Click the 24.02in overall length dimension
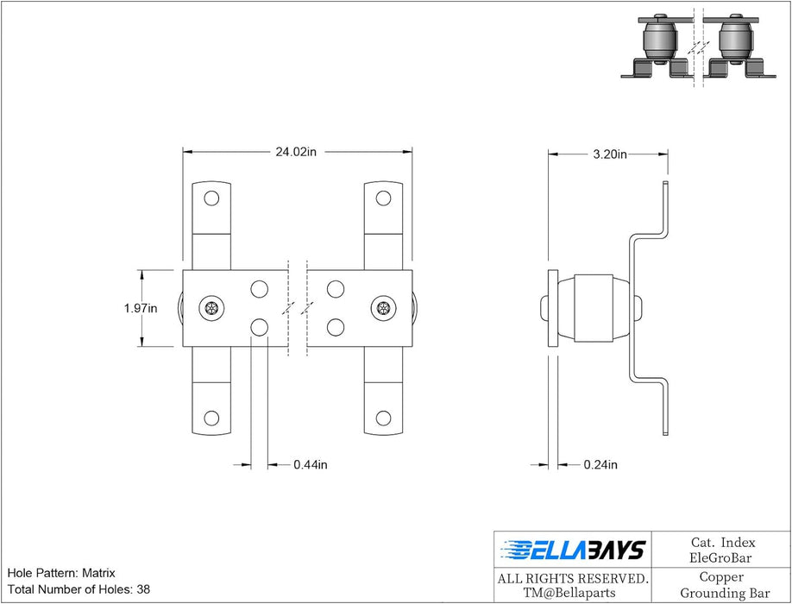point(296,152)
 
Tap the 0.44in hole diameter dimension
point(310,465)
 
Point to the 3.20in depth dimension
point(610,154)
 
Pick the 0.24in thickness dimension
point(600,465)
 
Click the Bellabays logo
point(572,550)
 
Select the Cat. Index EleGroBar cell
point(722,550)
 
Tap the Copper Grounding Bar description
point(722,585)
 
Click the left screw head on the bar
point(210,308)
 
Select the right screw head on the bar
point(383,308)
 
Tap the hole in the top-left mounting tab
point(210,198)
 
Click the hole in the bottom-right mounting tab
point(383,418)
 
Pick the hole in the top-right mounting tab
point(383,198)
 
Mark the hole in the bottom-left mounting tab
point(210,418)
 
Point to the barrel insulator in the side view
point(594,308)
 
